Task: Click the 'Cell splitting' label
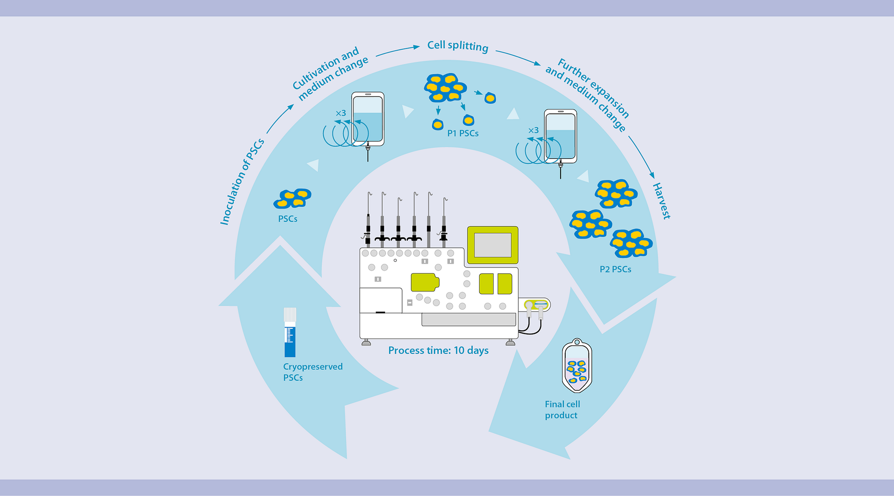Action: [458, 46]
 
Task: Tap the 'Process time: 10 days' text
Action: [438, 351]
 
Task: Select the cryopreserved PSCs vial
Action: [290, 333]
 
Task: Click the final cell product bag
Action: [577, 366]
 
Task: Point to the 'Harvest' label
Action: [661, 201]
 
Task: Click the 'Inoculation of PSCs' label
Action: [242, 182]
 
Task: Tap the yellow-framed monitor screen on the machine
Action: [493, 245]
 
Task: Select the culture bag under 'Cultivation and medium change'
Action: [368, 119]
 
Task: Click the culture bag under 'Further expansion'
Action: [561, 136]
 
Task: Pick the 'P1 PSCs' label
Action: [463, 134]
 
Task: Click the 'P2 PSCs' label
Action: [615, 270]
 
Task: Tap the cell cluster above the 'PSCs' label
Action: [292, 198]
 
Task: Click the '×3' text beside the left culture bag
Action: [341, 113]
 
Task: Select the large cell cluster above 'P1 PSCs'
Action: [445, 87]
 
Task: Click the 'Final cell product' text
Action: [562, 410]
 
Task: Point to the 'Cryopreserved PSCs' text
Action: [312, 372]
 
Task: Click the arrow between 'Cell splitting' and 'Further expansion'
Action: [518, 57]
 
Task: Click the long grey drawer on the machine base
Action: [468, 319]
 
